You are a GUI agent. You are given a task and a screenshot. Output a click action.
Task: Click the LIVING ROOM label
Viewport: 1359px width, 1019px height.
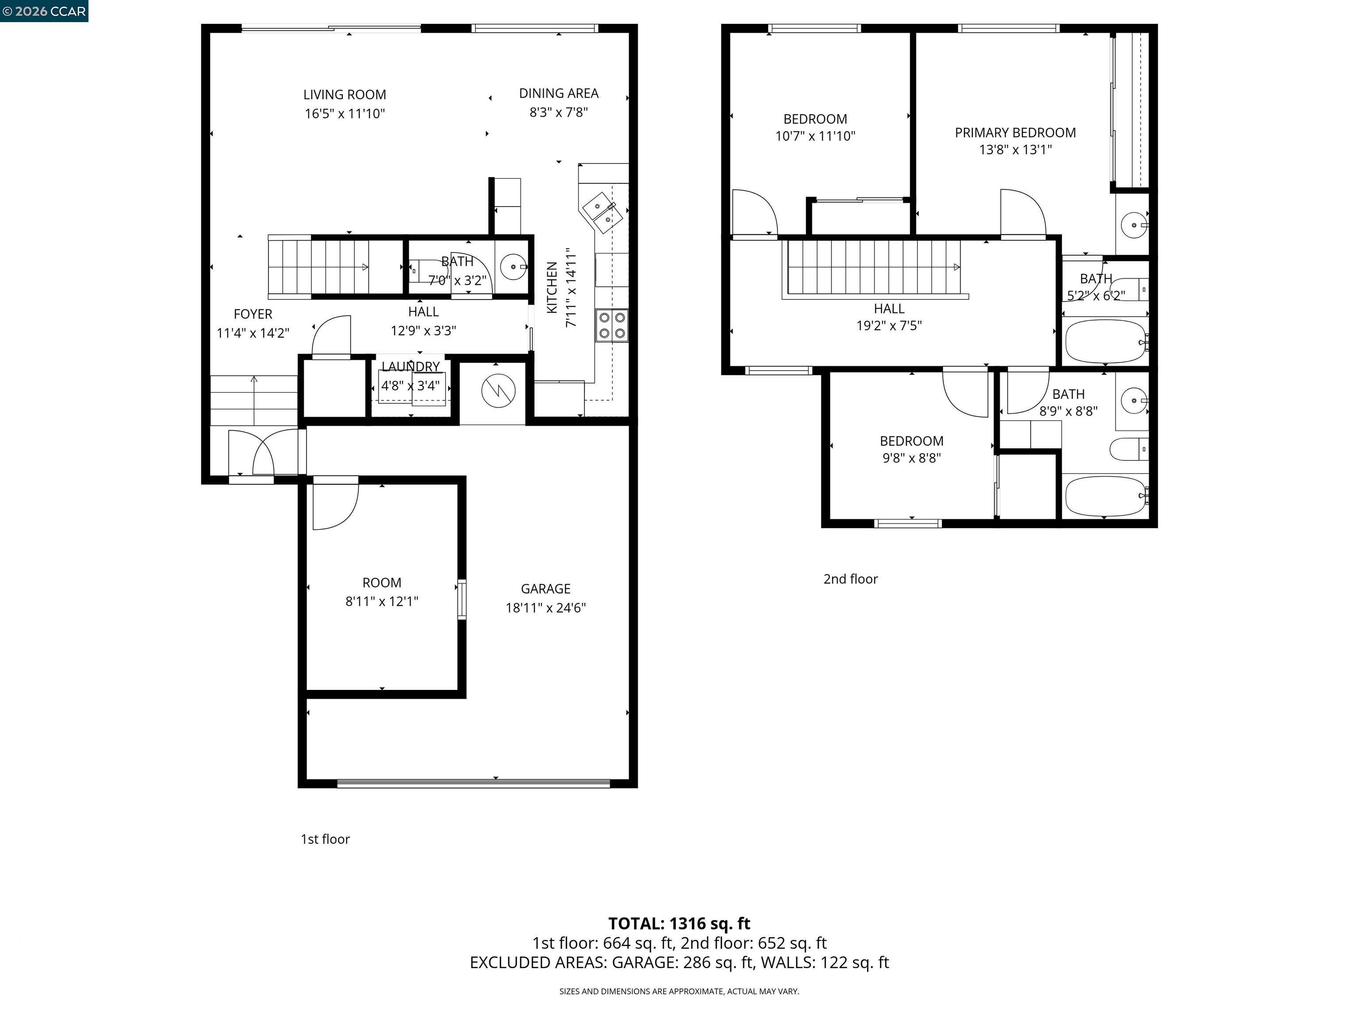pyautogui.click(x=344, y=95)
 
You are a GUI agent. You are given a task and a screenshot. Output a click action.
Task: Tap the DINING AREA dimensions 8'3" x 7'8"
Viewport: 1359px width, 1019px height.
pyautogui.click(x=558, y=112)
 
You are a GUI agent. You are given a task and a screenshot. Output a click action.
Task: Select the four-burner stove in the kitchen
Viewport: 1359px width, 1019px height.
pyautogui.click(x=612, y=326)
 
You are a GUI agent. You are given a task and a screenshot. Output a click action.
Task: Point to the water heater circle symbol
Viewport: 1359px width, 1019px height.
pyautogui.click(x=498, y=391)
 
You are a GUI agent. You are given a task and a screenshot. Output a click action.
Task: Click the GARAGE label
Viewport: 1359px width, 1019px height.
pyautogui.click(x=545, y=588)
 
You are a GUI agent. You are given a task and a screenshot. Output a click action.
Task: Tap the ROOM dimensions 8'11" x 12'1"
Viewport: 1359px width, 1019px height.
pyautogui.click(x=381, y=601)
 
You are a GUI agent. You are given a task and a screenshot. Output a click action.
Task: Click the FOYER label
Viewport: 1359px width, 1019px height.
pyautogui.click(x=253, y=314)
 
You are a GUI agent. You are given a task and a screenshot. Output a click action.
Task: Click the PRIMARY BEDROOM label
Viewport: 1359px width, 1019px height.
pyautogui.click(x=1015, y=133)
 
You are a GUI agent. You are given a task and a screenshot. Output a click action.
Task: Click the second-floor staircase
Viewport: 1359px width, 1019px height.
pyautogui.click(x=872, y=267)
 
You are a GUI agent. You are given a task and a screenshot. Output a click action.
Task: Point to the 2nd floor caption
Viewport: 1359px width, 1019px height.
pyautogui.click(x=850, y=578)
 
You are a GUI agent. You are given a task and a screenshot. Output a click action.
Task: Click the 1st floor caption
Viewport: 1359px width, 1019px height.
pyautogui.click(x=325, y=839)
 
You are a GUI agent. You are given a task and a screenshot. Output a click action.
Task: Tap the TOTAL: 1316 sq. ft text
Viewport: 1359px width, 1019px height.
pyautogui.click(x=679, y=923)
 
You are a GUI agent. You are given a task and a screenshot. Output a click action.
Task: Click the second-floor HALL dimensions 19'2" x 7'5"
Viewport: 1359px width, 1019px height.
pyautogui.click(x=889, y=326)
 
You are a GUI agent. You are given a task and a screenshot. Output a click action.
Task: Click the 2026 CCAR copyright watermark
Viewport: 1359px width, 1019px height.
pyautogui.click(x=44, y=11)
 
